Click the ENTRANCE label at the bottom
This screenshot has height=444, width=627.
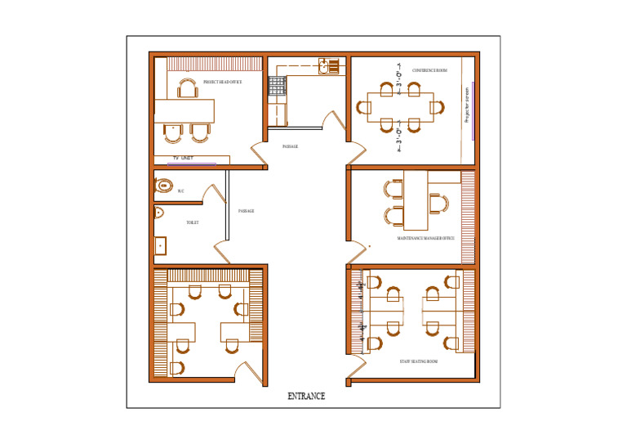click(x=306, y=397)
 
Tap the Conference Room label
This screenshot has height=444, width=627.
click(x=429, y=70)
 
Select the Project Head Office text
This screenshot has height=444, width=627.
click(x=222, y=83)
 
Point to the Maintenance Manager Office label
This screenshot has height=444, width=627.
click(x=425, y=238)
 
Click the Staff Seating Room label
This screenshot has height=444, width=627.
click(x=418, y=361)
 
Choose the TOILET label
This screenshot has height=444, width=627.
click(x=193, y=222)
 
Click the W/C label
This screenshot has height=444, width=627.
click(x=181, y=191)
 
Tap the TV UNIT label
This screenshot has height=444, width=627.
click(x=182, y=157)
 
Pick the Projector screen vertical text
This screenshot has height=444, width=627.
click(x=467, y=105)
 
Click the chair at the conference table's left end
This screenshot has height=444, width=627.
click(x=362, y=105)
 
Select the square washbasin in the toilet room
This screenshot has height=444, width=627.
click(x=161, y=244)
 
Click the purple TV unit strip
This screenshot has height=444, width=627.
click(x=192, y=164)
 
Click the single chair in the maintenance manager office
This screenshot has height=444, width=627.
click(x=438, y=204)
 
